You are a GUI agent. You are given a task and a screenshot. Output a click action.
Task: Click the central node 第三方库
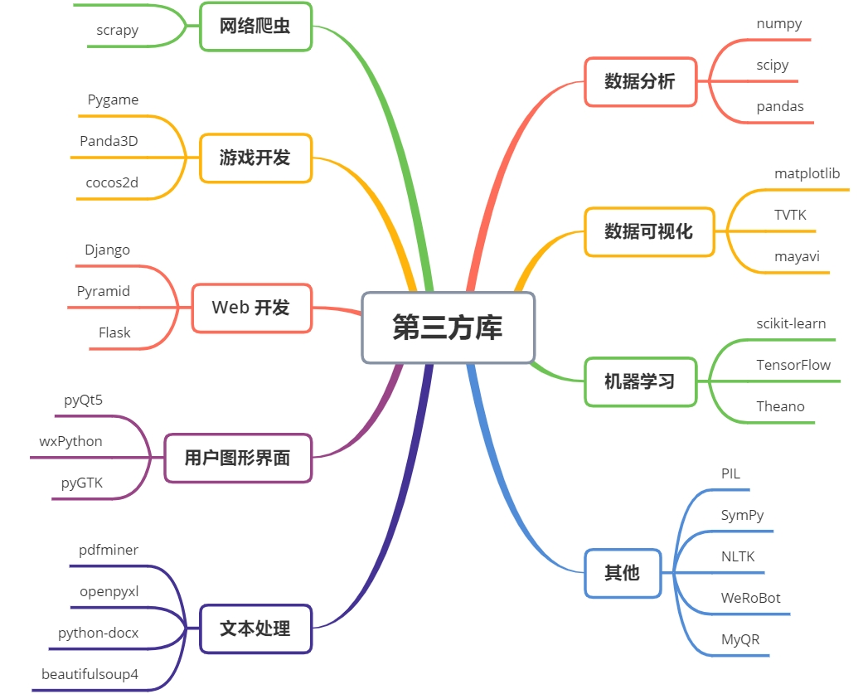click(x=448, y=328)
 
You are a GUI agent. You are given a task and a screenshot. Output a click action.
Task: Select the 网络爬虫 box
click(x=256, y=27)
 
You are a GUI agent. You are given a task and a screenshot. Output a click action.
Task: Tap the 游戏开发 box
click(x=256, y=158)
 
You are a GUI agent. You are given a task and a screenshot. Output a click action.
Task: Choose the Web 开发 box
click(x=252, y=308)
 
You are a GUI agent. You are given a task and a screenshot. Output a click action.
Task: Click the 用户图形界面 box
click(x=238, y=458)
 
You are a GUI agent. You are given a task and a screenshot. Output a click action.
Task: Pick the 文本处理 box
click(x=256, y=629)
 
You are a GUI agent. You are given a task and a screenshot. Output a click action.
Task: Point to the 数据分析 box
click(x=641, y=81)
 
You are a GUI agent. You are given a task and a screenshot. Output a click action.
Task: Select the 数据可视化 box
click(x=649, y=231)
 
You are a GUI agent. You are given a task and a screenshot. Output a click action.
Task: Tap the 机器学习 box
click(x=641, y=381)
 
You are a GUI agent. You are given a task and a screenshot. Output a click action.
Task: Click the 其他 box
click(x=623, y=573)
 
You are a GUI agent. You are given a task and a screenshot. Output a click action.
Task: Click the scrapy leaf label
click(x=117, y=31)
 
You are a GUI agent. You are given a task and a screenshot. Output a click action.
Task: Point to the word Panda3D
click(x=109, y=142)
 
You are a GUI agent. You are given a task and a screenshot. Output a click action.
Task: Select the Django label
click(x=107, y=250)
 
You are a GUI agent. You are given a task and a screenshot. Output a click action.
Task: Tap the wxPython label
click(x=71, y=442)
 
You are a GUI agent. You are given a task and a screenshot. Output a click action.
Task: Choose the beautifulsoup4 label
click(x=90, y=674)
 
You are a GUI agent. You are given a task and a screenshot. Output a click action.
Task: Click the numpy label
click(x=779, y=24)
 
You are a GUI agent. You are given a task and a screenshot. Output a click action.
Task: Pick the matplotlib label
click(x=807, y=174)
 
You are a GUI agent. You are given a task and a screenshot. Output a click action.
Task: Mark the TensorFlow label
click(x=793, y=365)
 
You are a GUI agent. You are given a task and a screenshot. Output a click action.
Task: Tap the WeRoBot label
click(x=751, y=599)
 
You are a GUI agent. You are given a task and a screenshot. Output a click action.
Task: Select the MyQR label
click(x=740, y=640)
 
